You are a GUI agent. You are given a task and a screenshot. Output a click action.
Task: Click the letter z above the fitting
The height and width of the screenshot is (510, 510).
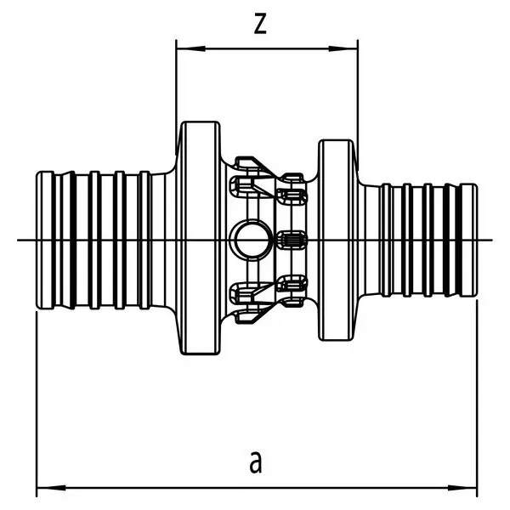click(262, 25)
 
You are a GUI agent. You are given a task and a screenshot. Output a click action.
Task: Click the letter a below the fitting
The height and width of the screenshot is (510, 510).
click(256, 462)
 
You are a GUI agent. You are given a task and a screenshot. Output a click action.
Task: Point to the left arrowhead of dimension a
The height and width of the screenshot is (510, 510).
click(42, 489)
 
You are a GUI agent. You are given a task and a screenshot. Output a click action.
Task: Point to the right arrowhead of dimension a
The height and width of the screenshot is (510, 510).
click(468, 489)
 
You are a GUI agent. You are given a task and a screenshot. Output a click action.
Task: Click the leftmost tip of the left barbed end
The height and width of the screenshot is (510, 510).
click(36, 241)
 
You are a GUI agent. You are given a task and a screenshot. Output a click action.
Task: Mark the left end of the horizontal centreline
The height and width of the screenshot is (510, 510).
click(19, 241)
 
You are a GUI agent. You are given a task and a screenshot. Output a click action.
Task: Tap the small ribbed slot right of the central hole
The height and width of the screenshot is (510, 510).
click(293, 241)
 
